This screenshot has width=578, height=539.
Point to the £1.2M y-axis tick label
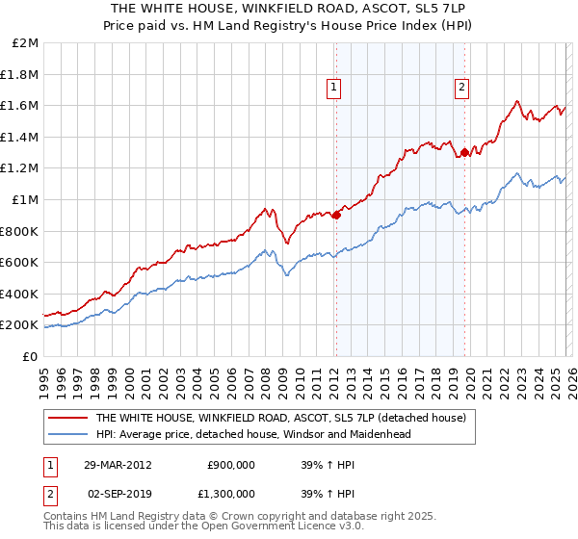click(20, 168)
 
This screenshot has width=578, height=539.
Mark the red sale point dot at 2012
click(336, 216)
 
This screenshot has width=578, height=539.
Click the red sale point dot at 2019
click(464, 152)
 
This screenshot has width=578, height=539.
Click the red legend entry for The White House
click(280, 418)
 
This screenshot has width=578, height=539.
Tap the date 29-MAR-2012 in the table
click(115, 464)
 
